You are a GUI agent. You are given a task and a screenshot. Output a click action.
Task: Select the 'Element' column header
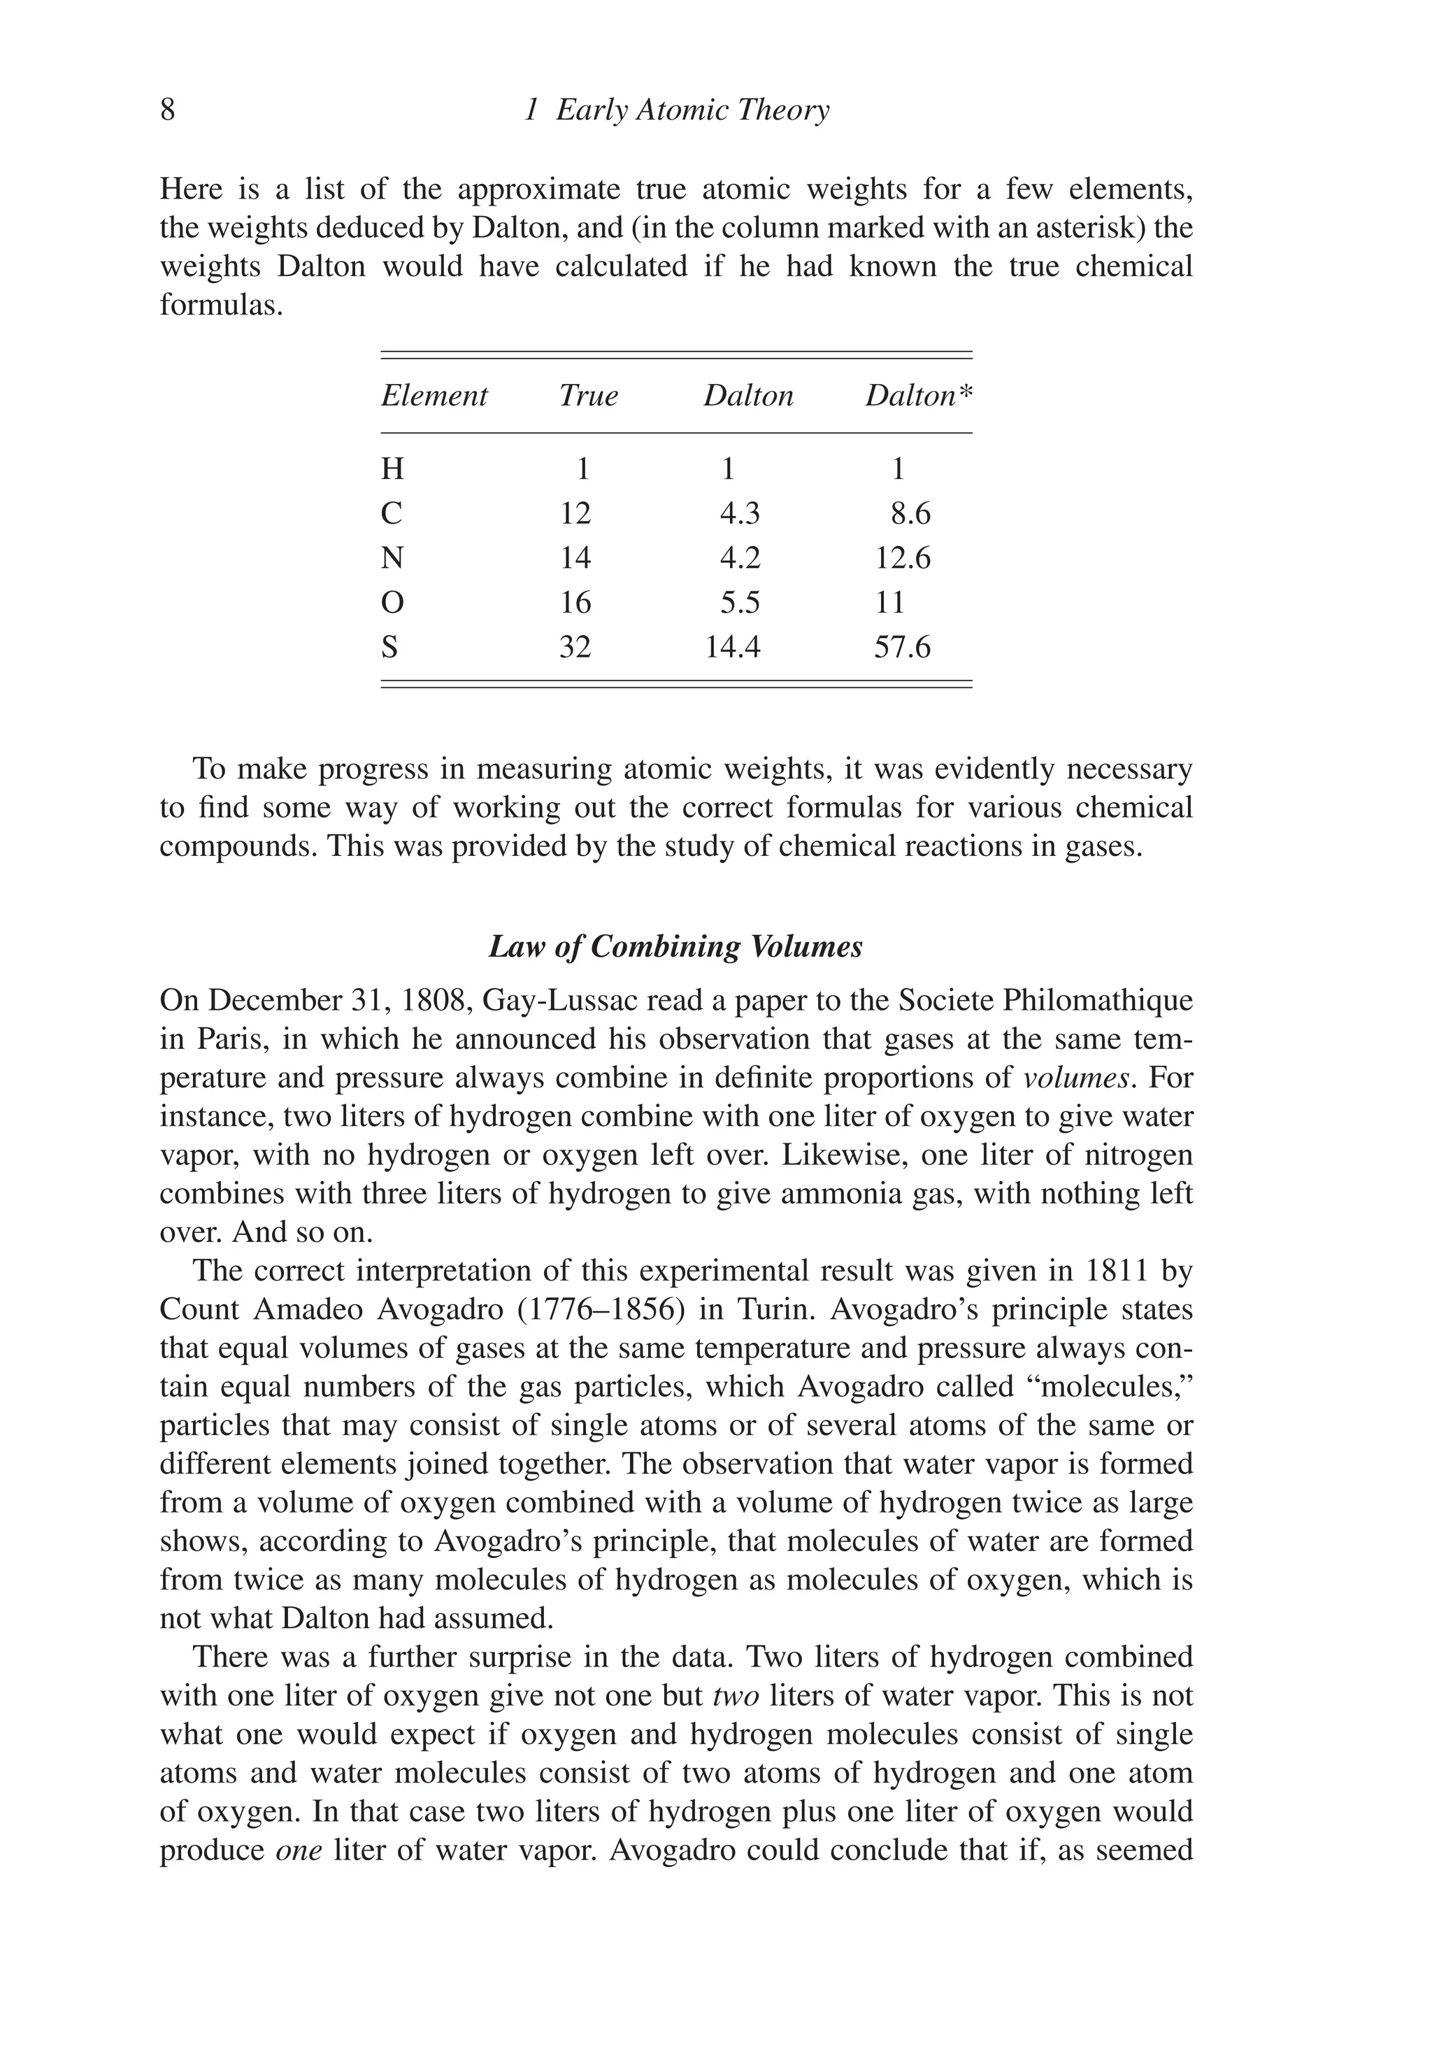(434, 396)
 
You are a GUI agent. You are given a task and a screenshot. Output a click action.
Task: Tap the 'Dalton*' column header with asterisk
(918, 396)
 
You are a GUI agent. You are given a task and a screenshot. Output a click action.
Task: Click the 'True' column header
(588, 396)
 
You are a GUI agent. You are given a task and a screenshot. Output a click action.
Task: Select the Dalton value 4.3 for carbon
(740, 513)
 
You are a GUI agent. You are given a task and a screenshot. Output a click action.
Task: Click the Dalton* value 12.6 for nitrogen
(903, 558)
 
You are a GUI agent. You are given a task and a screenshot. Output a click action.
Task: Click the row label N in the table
(392, 558)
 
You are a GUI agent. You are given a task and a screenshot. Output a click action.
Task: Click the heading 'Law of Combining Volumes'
(675, 946)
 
